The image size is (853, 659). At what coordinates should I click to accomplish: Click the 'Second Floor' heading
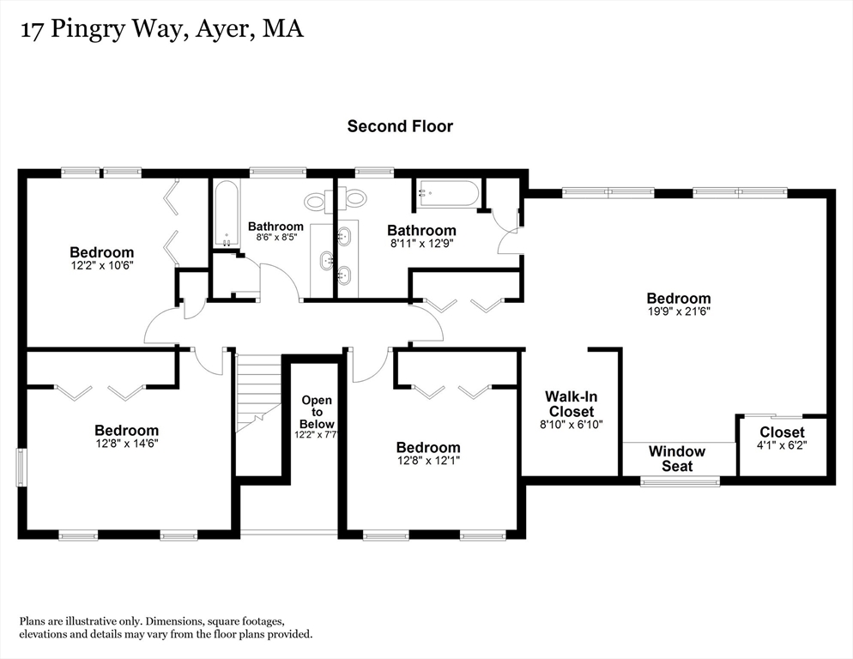[x=400, y=126]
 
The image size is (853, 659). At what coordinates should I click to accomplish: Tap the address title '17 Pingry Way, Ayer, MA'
[x=160, y=31]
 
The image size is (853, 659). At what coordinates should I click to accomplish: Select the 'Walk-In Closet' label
[x=572, y=404]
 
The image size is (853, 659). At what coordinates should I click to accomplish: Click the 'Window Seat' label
[x=677, y=458]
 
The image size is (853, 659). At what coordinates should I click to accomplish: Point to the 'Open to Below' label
[x=317, y=412]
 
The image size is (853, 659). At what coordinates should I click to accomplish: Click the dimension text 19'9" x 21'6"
[x=679, y=312]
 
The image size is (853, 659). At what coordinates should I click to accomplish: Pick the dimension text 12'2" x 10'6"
[x=102, y=266]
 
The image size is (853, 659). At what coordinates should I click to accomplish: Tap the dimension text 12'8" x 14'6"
[x=127, y=444]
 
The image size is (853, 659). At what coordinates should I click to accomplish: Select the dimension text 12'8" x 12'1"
[x=428, y=461]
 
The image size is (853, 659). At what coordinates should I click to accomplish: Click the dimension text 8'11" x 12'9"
[x=421, y=244]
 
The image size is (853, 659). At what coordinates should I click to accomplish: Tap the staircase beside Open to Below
[x=259, y=395]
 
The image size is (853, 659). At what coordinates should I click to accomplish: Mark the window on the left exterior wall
[x=22, y=467]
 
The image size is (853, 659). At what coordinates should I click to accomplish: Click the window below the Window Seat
[x=681, y=481]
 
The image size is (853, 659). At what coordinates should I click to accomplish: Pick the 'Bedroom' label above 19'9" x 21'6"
[x=679, y=299]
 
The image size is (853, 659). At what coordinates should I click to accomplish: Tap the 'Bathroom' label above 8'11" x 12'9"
[x=421, y=230]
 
